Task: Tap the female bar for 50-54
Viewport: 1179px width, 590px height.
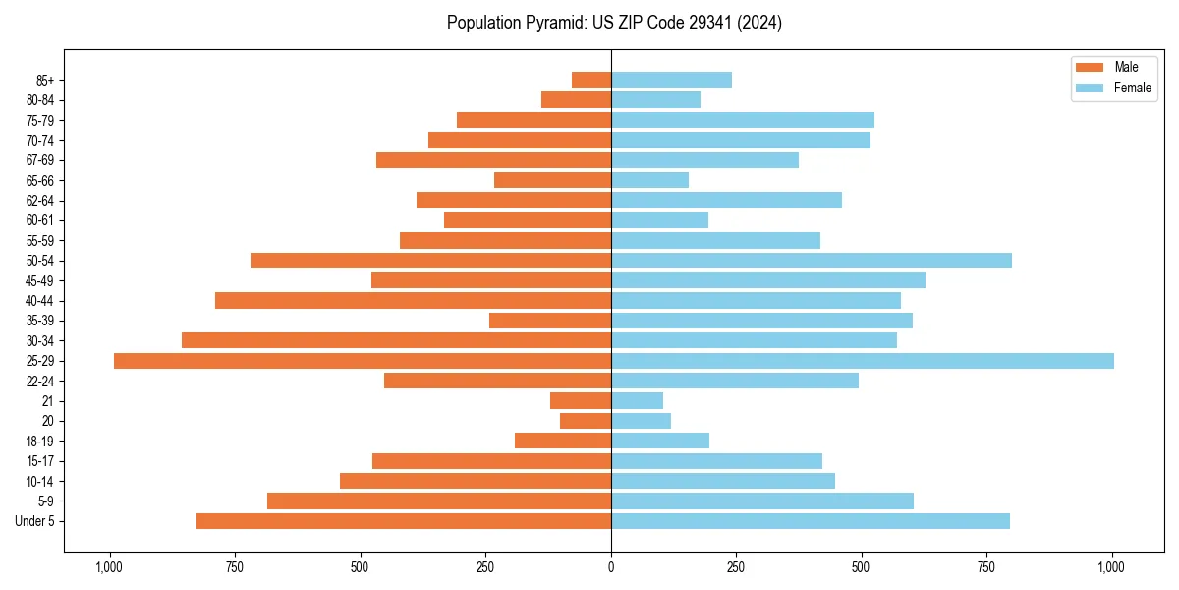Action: coord(811,261)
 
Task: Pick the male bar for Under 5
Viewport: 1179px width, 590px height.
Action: coord(403,521)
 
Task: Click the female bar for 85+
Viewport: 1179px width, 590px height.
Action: coord(671,80)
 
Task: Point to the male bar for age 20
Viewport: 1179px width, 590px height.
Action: coord(586,421)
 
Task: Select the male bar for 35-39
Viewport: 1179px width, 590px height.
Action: coord(550,321)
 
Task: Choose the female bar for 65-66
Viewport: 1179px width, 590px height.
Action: coord(649,180)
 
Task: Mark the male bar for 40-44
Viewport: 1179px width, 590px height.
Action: coord(413,301)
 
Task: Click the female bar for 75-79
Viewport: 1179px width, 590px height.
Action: coord(742,120)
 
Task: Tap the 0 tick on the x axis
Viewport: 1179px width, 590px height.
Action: coord(611,566)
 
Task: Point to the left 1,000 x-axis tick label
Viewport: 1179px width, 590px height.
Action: coord(109,566)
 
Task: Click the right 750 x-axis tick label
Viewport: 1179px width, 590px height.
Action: coord(986,566)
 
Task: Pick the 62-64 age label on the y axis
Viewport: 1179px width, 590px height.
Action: coord(40,201)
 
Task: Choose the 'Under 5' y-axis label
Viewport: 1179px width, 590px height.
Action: coord(34,521)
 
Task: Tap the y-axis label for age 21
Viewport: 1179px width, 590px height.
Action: coord(47,401)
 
